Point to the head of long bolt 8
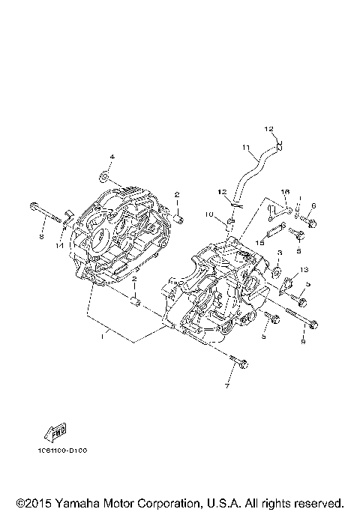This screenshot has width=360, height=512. coord(34,206)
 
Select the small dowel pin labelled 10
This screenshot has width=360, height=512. coord(231,221)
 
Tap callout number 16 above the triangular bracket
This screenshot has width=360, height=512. coord(285,193)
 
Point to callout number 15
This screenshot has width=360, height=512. coord(262,241)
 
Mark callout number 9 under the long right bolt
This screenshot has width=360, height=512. coord(303,342)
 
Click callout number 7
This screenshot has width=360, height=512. coord(228,386)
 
